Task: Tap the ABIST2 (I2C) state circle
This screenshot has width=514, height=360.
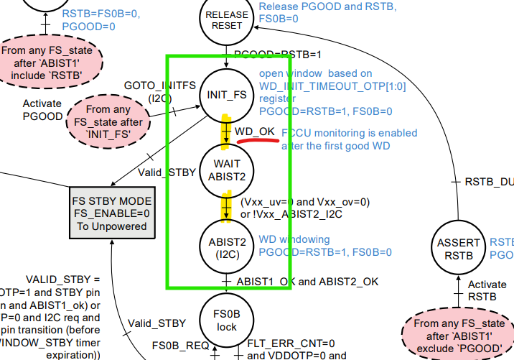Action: [x=227, y=246]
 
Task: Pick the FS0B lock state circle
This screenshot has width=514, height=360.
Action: [x=227, y=318]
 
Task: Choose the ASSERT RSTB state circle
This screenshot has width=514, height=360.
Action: [x=459, y=248]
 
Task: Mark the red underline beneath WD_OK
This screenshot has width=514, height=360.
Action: [x=256, y=141]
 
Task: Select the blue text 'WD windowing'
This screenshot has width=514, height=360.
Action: [x=295, y=239]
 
